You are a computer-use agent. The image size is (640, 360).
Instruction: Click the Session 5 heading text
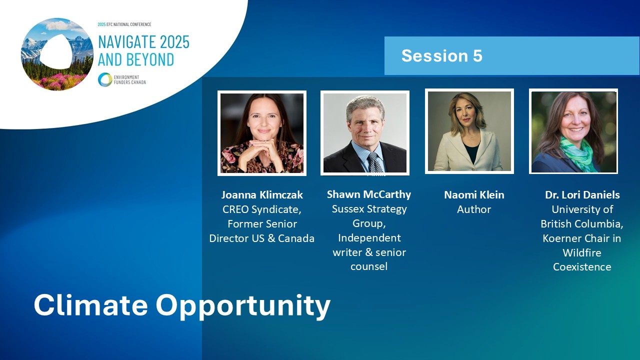tap(441, 55)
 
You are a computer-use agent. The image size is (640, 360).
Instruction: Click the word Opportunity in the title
tap(243, 307)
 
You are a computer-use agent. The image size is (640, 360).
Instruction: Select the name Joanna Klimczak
tap(262, 195)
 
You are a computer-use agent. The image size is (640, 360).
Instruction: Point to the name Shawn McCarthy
tap(369, 194)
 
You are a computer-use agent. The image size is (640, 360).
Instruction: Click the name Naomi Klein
tap(474, 195)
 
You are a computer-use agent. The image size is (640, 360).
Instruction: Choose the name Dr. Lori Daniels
tap(582, 195)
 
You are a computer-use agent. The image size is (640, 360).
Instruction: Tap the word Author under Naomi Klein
tap(474, 209)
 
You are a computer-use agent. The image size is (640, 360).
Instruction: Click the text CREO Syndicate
tap(261, 209)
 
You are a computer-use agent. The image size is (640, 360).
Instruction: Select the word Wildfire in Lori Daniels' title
tap(582, 253)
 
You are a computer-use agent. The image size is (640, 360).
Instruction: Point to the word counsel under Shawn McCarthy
tap(369, 266)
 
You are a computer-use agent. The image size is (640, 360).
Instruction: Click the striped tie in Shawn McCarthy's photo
tap(374, 162)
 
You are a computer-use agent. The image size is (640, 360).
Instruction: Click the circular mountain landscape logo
tap(57, 54)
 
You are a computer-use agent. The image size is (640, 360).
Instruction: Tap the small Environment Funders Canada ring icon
tap(105, 79)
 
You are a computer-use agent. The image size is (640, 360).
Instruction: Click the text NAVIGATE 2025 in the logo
tap(143, 42)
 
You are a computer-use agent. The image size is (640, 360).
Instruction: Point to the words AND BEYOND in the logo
tap(136, 59)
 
